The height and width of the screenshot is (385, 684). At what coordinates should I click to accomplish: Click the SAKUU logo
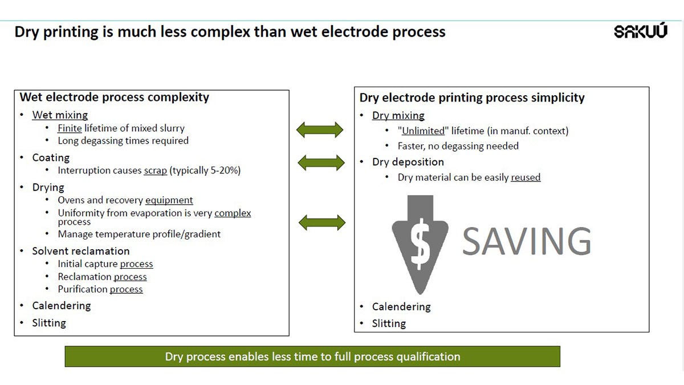point(640,31)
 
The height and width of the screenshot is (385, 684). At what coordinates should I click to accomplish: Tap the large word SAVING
point(526,241)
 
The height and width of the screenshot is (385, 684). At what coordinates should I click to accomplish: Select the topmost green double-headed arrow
point(320,130)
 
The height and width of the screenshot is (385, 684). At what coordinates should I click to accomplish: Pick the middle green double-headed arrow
point(320,163)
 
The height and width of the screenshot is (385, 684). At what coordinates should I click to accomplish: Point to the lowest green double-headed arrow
point(322,222)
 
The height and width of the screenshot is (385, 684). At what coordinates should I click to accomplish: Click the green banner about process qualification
point(312,356)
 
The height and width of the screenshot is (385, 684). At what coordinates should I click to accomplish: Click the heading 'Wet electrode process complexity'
point(114,97)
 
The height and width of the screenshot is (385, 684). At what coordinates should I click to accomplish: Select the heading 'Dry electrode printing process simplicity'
point(472,98)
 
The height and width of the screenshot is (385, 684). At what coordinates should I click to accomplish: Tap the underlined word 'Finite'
point(70,128)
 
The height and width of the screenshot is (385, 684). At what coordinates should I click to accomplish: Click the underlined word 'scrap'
point(155,171)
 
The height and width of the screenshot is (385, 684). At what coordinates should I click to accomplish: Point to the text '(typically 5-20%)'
point(205,171)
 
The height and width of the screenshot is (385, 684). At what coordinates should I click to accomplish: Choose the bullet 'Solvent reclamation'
point(81,251)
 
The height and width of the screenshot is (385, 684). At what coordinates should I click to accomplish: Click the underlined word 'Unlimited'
point(423,131)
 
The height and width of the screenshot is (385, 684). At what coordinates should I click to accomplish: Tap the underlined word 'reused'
point(526,177)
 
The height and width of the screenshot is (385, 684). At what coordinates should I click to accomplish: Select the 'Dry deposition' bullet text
point(408,162)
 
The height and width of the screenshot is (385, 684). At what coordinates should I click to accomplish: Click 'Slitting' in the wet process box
point(49,323)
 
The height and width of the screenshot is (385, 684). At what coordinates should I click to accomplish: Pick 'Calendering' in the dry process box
point(401,307)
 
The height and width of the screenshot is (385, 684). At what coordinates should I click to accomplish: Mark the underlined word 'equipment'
point(169,200)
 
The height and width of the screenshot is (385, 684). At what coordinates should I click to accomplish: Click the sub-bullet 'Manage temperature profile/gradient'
point(139,234)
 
